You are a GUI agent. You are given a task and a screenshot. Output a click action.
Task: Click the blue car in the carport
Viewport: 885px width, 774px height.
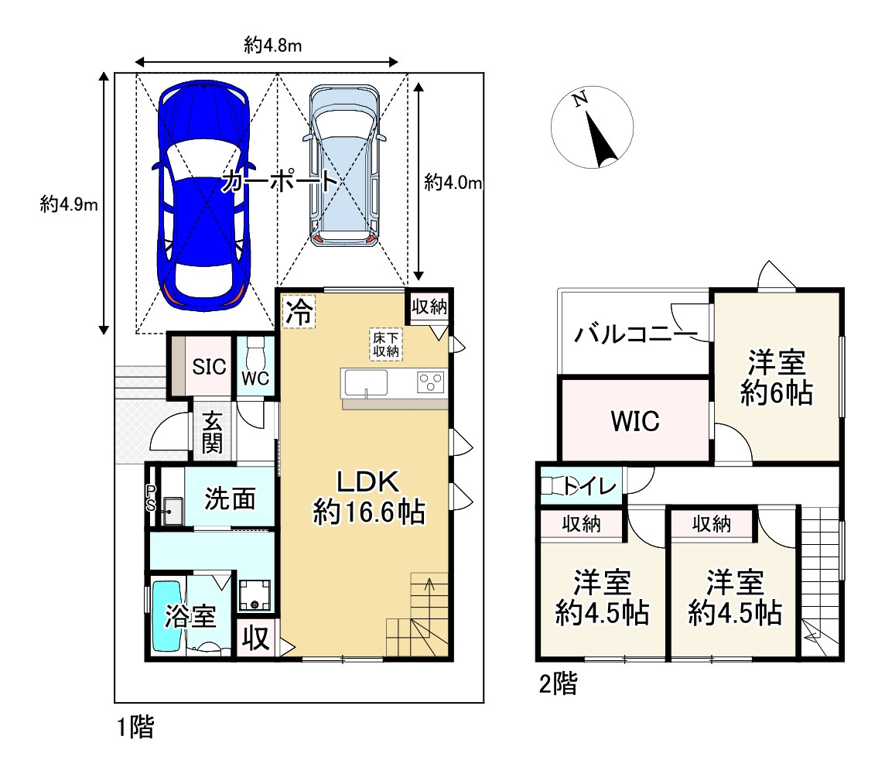pyautogui.click(x=203, y=195)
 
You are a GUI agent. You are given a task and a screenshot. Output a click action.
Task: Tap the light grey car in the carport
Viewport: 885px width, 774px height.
pyautogui.click(x=343, y=166)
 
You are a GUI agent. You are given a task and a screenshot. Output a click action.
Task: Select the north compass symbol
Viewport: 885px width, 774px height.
pyautogui.click(x=592, y=127)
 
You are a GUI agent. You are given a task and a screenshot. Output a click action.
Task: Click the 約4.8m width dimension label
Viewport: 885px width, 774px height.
pyautogui.click(x=272, y=45)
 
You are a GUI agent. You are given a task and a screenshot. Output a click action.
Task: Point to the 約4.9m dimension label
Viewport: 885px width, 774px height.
pyautogui.click(x=69, y=204)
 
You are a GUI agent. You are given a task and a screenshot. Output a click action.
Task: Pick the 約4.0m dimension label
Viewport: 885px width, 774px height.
pyautogui.click(x=453, y=182)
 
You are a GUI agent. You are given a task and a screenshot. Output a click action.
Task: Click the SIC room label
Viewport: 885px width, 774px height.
pyautogui.click(x=209, y=367)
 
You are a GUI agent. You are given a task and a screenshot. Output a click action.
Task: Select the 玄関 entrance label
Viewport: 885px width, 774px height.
pyautogui.click(x=212, y=433)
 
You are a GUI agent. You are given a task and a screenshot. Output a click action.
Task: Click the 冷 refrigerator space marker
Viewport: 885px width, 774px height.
pyautogui.click(x=299, y=311)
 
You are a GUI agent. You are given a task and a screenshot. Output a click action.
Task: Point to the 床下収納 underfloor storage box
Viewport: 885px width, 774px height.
pyautogui.click(x=386, y=344)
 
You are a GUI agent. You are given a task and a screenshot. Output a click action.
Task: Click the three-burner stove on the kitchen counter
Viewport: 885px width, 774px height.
pyautogui.click(x=431, y=383)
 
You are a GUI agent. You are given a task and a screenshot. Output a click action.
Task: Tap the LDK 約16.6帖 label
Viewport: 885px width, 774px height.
pyautogui.click(x=368, y=498)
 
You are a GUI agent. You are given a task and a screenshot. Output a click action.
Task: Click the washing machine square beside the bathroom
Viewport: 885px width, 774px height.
pyautogui.click(x=254, y=596)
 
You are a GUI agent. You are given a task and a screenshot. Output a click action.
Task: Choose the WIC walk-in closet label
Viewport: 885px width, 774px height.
pyautogui.click(x=635, y=421)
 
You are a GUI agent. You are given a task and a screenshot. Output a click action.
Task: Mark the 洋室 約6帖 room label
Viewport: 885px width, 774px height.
pyautogui.click(x=777, y=378)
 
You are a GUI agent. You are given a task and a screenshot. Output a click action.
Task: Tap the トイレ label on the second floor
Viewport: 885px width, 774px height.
pyautogui.click(x=590, y=485)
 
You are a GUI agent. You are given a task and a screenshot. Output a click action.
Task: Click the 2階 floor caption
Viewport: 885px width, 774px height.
pyautogui.click(x=559, y=683)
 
